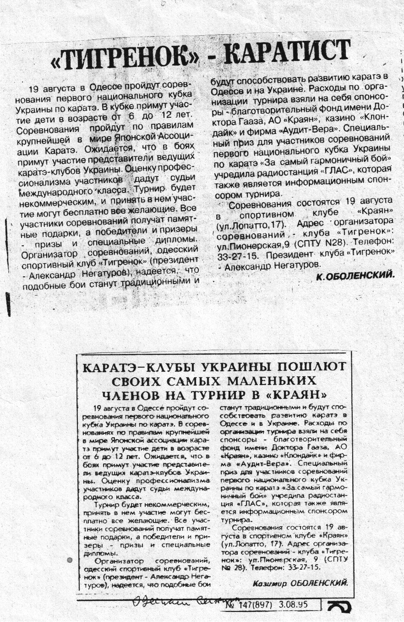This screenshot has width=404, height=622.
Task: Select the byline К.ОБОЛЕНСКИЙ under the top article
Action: pos(355,275)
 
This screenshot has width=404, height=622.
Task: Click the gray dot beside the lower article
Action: pos(70,560)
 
